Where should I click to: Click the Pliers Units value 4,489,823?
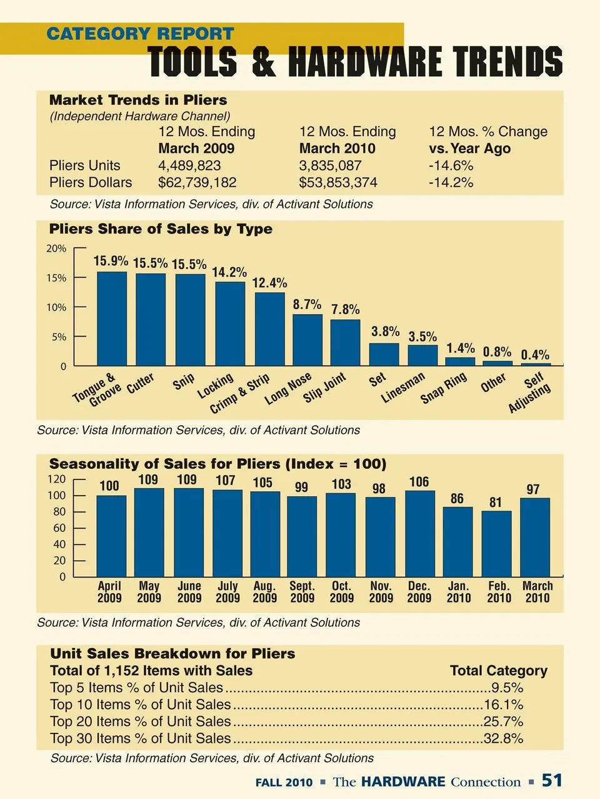click(x=189, y=166)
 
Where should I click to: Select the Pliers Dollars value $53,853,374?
click(x=338, y=183)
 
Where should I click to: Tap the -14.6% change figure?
click(x=451, y=166)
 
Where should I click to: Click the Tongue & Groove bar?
click(x=112, y=319)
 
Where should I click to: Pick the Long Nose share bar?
click(x=307, y=340)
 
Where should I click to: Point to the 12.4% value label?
click(x=269, y=283)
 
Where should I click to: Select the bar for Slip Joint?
click(x=345, y=343)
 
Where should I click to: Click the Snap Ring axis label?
click(x=444, y=388)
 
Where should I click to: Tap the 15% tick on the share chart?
click(x=56, y=278)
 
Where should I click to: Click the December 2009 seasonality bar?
click(x=420, y=534)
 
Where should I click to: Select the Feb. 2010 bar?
click(x=496, y=544)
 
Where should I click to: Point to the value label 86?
click(x=457, y=498)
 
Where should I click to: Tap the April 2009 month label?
click(x=109, y=592)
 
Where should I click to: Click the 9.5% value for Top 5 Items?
click(x=507, y=689)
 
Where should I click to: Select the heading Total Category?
click(x=498, y=671)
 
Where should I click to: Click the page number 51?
click(x=552, y=781)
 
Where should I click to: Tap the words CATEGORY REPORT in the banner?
click(x=140, y=34)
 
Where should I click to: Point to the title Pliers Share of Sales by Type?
click(x=161, y=229)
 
